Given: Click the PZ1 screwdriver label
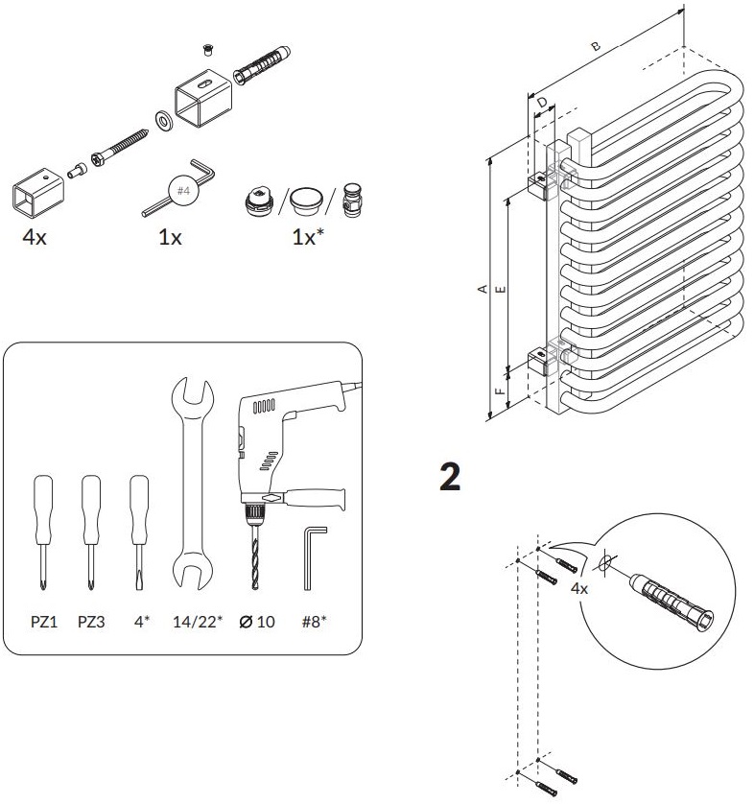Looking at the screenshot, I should [x=44, y=622].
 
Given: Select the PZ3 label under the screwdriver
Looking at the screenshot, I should [x=91, y=622].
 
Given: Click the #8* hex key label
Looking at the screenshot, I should [x=314, y=622].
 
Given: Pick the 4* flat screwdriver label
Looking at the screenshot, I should [x=142, y=622].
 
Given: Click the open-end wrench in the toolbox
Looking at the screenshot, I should [x=190, y=480].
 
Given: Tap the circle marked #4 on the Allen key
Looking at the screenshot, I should [x=184, y=191].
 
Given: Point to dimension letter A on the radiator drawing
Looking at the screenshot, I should [x=484, y=287].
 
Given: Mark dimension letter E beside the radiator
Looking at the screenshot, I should [x=502, y=287].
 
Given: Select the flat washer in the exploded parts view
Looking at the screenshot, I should [x=162, y=119].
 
